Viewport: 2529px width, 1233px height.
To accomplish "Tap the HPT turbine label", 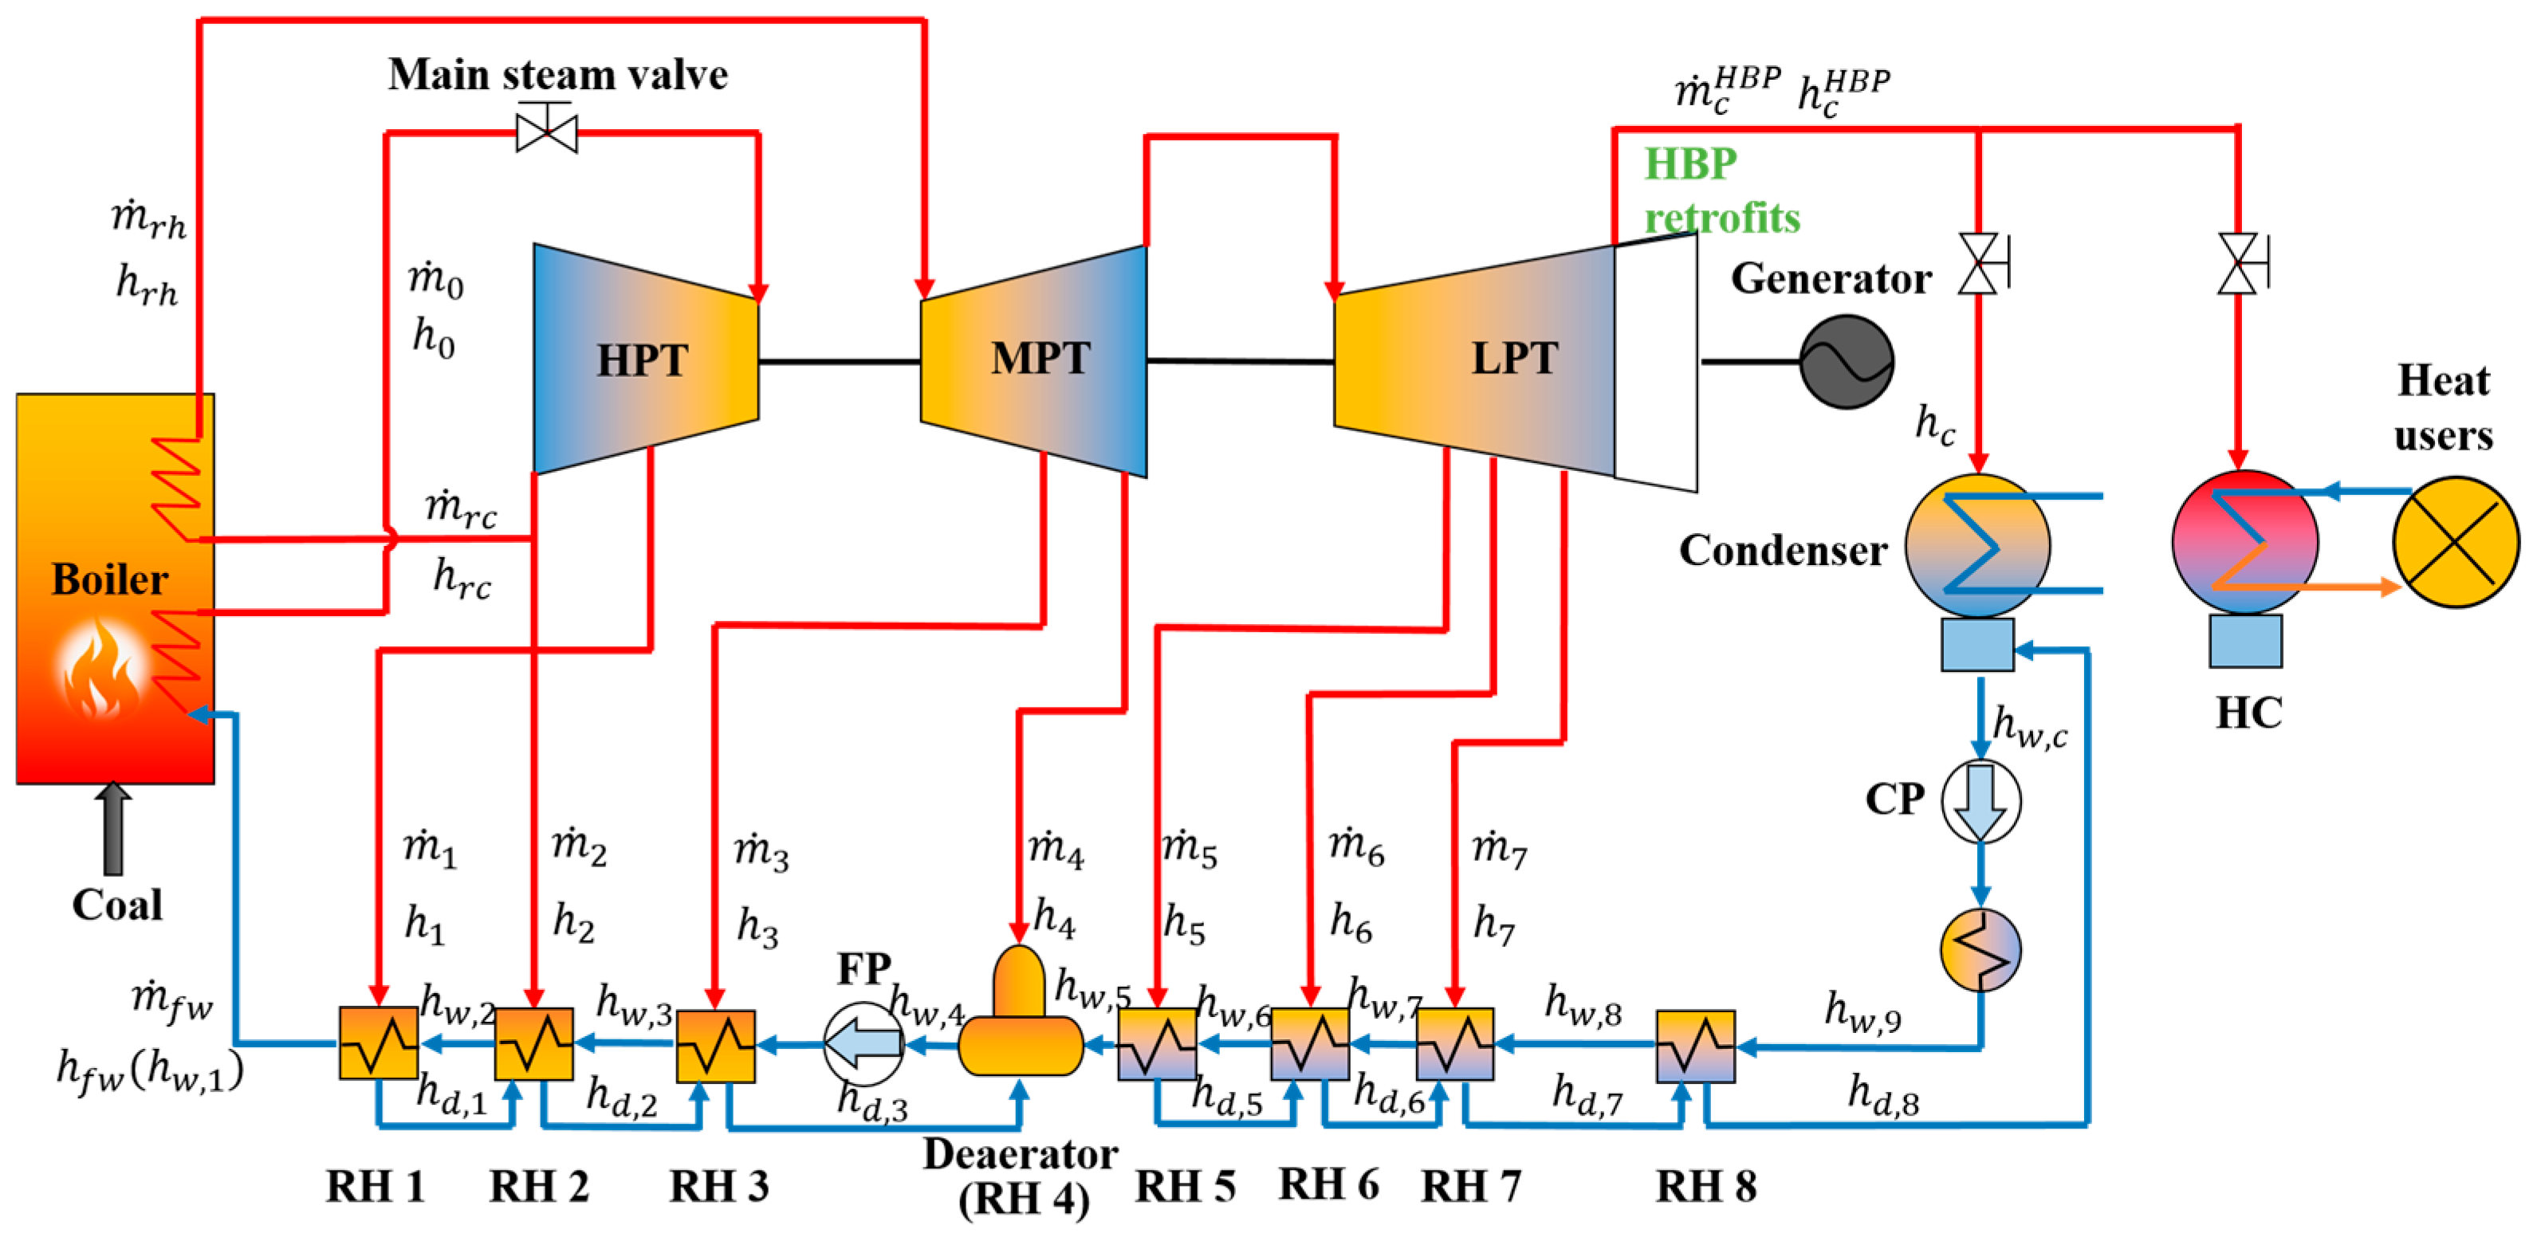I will pyautogui.click(x=643, y=360).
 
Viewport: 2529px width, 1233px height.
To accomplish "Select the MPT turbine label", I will pyautogui.click(x=1040, y=359).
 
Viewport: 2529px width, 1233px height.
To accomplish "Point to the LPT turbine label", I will pyautogui.click(x=1514, y=359).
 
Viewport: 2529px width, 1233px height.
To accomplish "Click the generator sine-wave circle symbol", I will pyautogui.click(x=1847, y=362).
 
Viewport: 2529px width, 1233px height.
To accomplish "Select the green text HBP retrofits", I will pyautogui.click(x=1721, y=190).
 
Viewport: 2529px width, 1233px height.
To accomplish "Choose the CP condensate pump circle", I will pyautogui.click(x=1981, y=801).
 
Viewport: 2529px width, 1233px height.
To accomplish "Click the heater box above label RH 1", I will pyautogui.click(x=378, y=1043).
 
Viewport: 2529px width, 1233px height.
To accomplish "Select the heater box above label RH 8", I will pyautogui.click(x=1696, y=1046).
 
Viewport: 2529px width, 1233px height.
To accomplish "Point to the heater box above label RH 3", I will pyautogui.click(x=716, y=1046).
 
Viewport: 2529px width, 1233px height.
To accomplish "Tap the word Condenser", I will pyautogui.click(x=1783, y=551).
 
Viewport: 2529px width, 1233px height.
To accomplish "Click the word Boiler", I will pyautogui.click(x=110, y=579).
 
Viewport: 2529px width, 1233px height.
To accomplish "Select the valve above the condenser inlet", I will pyautogui.click(x=1979, y=263).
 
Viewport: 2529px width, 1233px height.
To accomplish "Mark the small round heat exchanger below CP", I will pyautogui.click(x=1981, y=949).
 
